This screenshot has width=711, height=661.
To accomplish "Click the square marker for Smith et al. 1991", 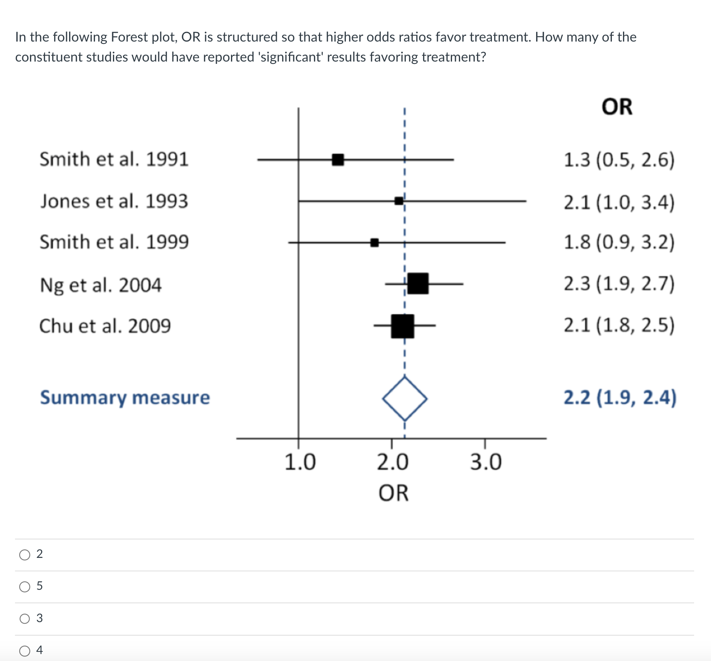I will click(x=338, y=159).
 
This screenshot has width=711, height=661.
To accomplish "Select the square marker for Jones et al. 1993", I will click(x=399, y=201).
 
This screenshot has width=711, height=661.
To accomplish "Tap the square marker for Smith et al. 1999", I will click(x=374, y=243).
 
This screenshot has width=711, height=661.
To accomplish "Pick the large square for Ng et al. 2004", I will click(x=418, y=284).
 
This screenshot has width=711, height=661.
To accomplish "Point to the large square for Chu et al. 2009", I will click(x=402, y=326).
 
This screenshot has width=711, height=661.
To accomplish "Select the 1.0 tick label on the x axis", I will click(x=300, y=462).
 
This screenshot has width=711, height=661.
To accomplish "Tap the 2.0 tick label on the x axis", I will click(x=392, y=462).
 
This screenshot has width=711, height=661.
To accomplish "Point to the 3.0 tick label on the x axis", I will click(x=486, y=462).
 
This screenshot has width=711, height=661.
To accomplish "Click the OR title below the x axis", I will click(x=394, y=493).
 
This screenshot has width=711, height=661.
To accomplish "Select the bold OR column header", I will click(x=617, y=107).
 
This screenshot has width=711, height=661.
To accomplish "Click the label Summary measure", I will click(x=125, y=397).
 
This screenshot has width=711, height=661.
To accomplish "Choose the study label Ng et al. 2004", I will click(x=101, y=285).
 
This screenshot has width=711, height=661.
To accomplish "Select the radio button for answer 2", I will click(x=25, y=555).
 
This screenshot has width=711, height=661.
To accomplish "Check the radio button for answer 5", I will click(x=25, y=587).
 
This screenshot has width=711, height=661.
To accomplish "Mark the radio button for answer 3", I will click(x=25, y=619).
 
